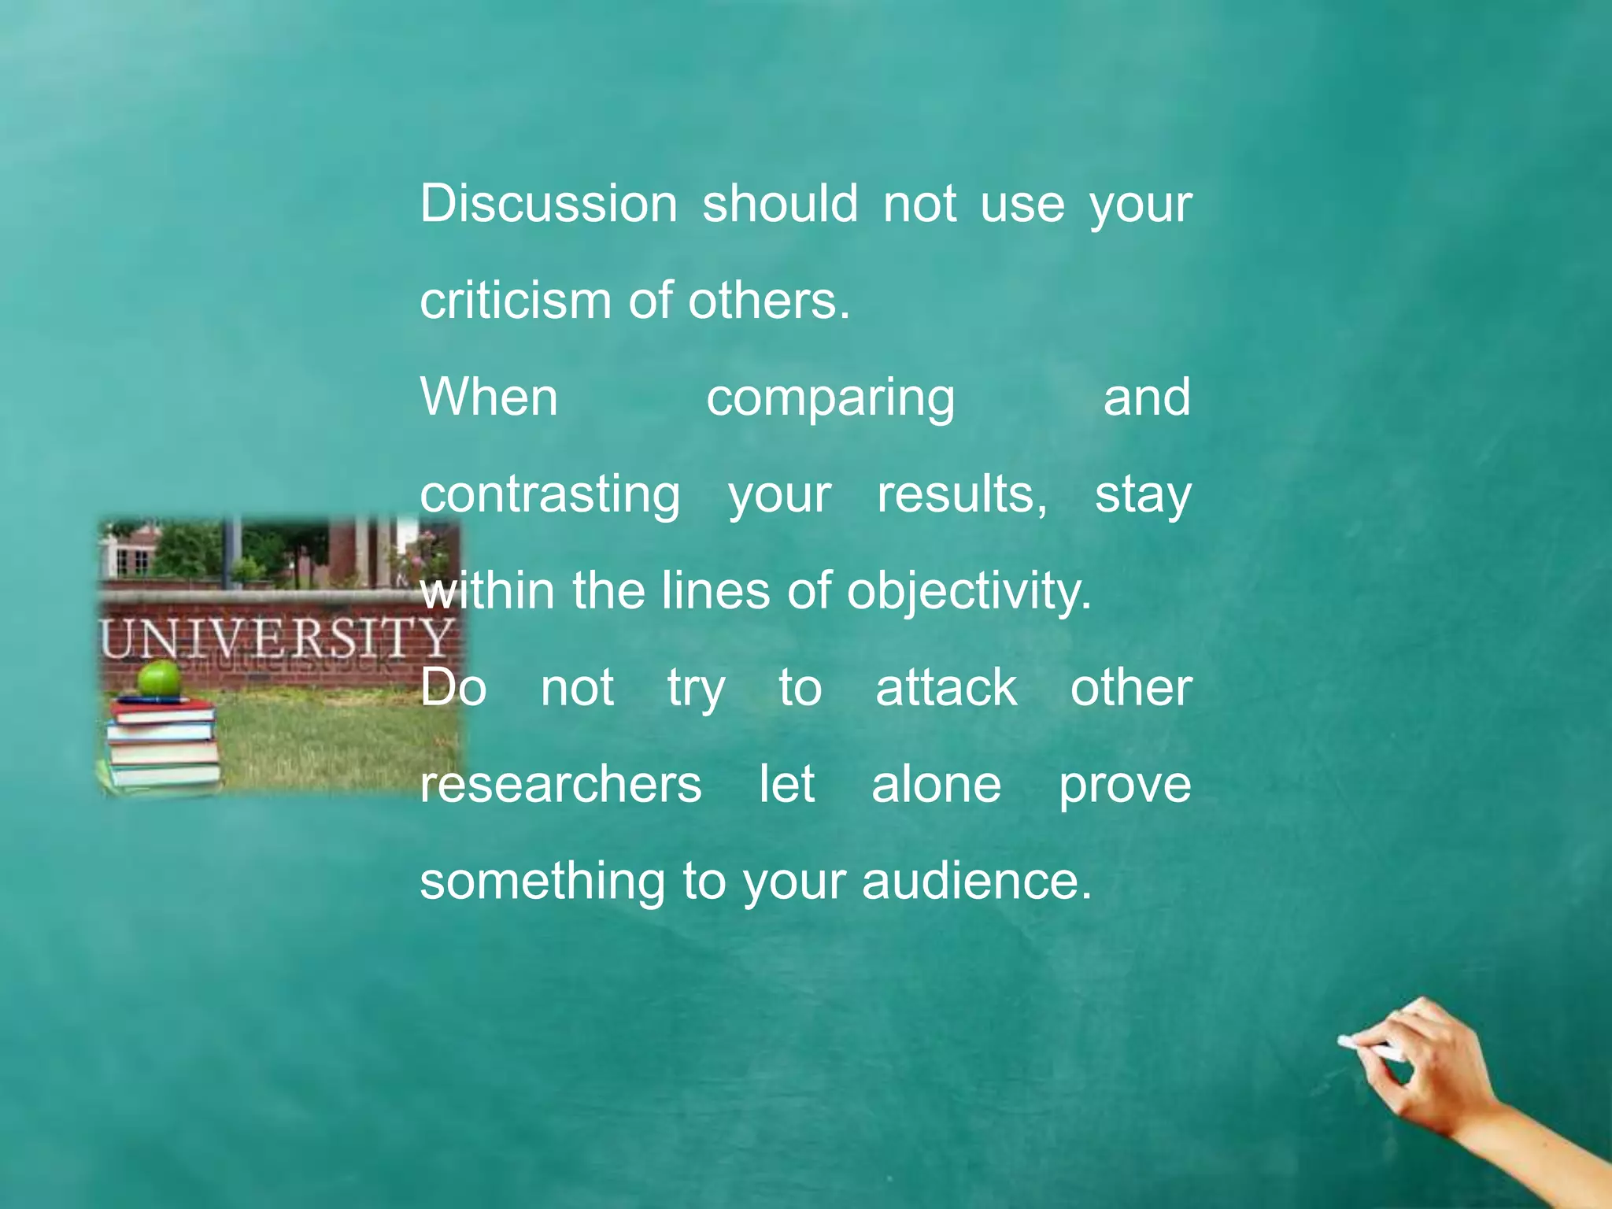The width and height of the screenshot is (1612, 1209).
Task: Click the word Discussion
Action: coord(548,204)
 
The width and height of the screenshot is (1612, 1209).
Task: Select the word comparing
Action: coord(830,399)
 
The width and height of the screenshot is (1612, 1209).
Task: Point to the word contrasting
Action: coord(549,496)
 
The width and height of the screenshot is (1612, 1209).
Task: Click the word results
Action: coord(961,495)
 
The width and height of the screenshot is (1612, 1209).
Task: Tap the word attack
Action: coord(945,688)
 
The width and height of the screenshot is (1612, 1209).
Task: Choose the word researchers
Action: coord(560,785)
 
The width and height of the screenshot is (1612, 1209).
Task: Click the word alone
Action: coord(936,785)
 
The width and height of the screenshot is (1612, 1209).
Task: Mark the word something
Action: coord(542,882)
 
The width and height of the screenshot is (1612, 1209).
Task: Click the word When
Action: coord(489,397)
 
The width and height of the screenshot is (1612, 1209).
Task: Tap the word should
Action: coord(779,204)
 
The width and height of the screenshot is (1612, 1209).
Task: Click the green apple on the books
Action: coord(160,678)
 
